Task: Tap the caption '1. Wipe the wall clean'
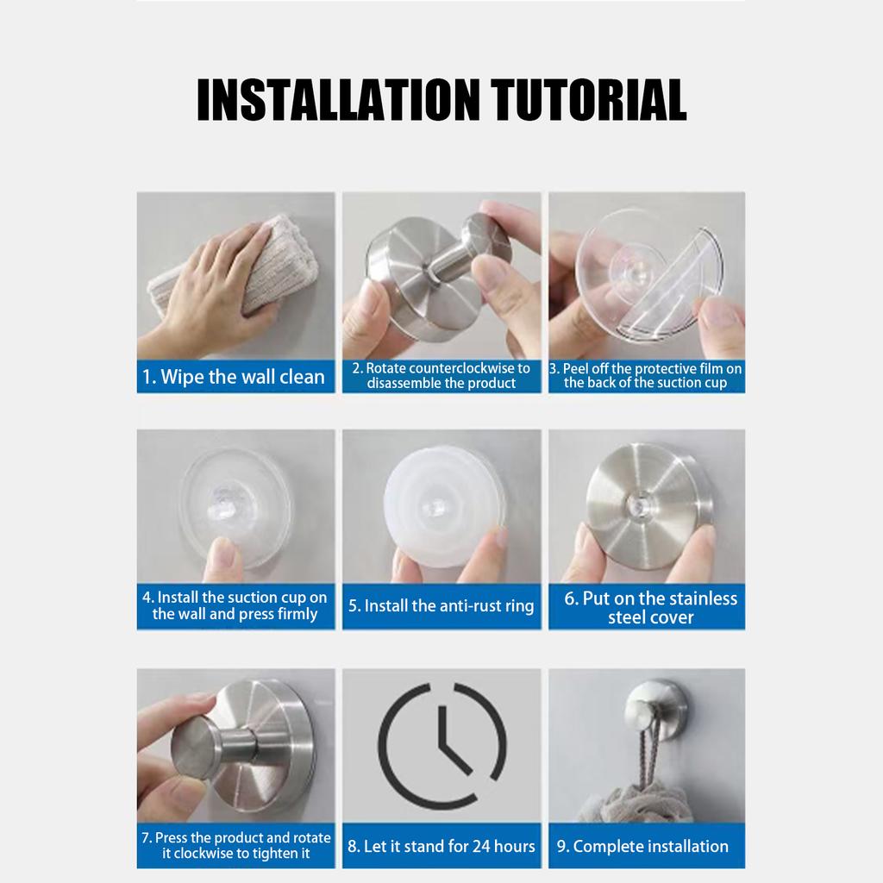click(x=235, y=377)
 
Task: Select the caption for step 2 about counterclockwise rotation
click(x=441, y=376)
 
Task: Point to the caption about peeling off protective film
click(x=647, y=376)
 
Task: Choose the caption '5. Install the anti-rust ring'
click(x=441, y=606)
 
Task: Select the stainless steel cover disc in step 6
click(x=648, y=505)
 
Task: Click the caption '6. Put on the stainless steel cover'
click(x=650, y=607)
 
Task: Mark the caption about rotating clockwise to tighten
click(x=235, y=845)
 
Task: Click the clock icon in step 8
click(x=441, y=745)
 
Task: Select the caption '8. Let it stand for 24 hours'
click(x=441, y=846)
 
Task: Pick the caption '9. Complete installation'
click(x=643, y=846)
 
